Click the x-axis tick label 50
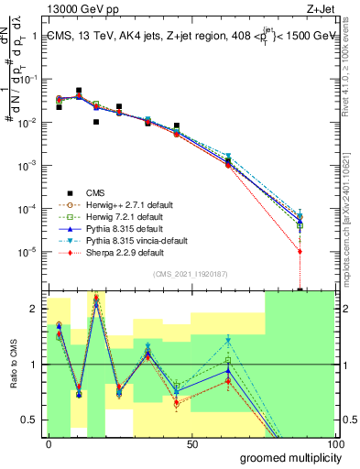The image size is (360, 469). pos(192,443)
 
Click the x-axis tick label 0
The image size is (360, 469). pos(49,443)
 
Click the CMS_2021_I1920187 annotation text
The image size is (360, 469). pos(191,274)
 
